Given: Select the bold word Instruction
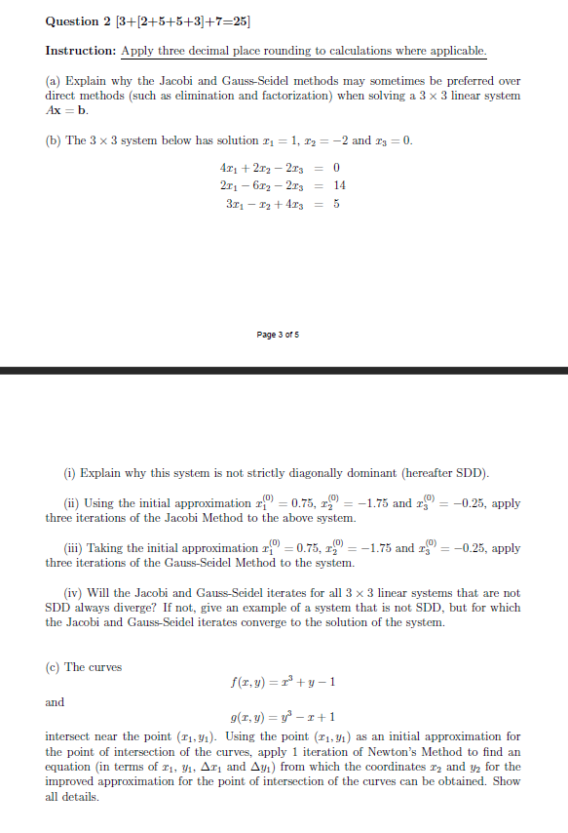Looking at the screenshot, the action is [x=80, y=51].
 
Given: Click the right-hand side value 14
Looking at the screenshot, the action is [x=340, y=184].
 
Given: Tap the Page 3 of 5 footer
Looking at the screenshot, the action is [x=279, y=335].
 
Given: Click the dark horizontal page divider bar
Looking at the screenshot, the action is [x=284, y=371].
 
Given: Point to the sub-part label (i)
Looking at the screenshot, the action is [x=69, y=473].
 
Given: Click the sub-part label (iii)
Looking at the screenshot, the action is [x=74, y=548].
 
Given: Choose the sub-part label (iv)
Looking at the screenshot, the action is [x=73, y=593].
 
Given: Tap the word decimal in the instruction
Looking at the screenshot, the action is [x=226, y=51].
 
